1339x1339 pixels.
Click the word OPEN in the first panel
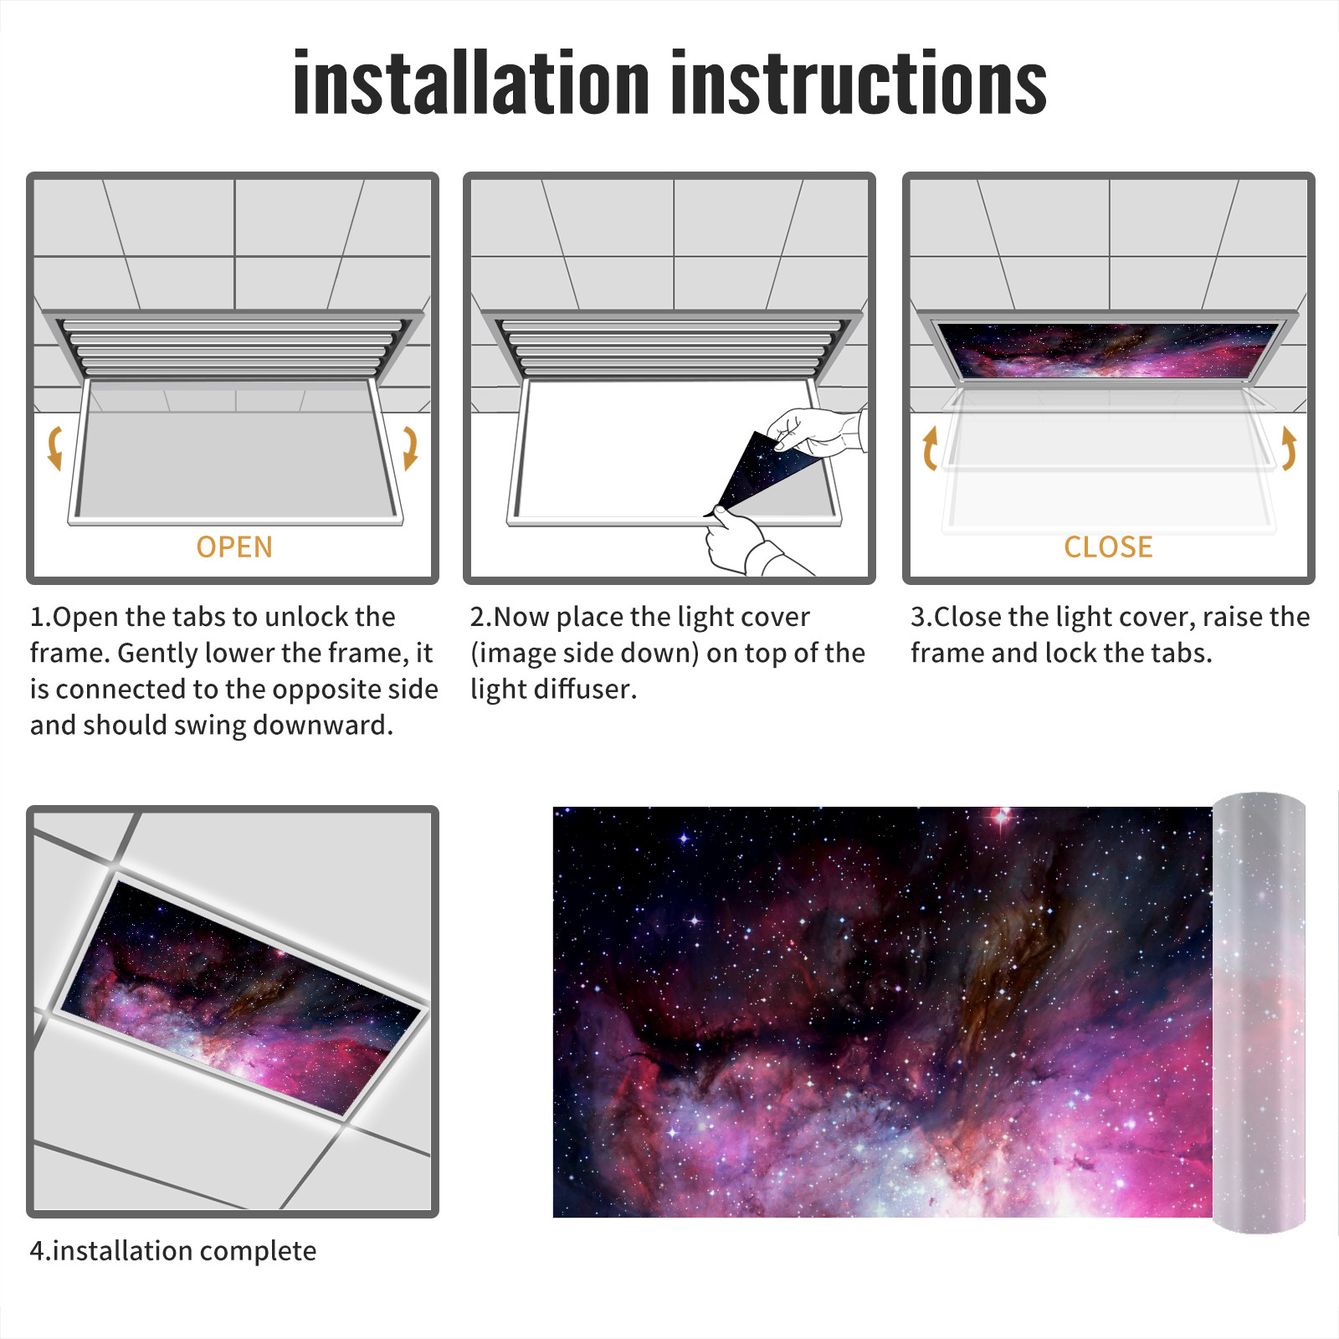click(234, 547)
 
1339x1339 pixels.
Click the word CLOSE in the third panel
click(1108, 547)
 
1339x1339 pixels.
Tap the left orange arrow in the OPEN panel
click(55, 448)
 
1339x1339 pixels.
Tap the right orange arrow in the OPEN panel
click(410, 448)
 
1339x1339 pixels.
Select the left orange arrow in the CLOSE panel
click(929, 449)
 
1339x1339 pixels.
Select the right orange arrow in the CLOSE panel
click(1289, 449)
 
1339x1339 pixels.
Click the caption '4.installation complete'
click(173, 1251)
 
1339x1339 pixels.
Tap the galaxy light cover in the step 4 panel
click(241, 998)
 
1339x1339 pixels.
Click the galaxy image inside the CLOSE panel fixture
click(1108, 351)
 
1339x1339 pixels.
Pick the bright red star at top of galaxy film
click(1002, 815)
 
